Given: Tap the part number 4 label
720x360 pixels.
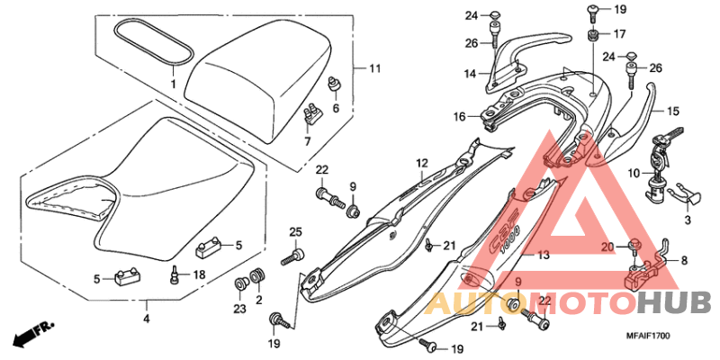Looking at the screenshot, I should click(x=147, y=318).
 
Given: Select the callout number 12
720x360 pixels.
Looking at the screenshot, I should click(x=420, y=163).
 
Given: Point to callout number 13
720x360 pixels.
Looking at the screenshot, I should click(x=543, y=256).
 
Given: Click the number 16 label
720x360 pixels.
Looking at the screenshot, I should click(x=460, y=117).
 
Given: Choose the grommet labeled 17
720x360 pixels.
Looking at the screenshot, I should click(x=594, y=35).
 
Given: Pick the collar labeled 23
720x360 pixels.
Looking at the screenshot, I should click(x=238, y=286).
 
